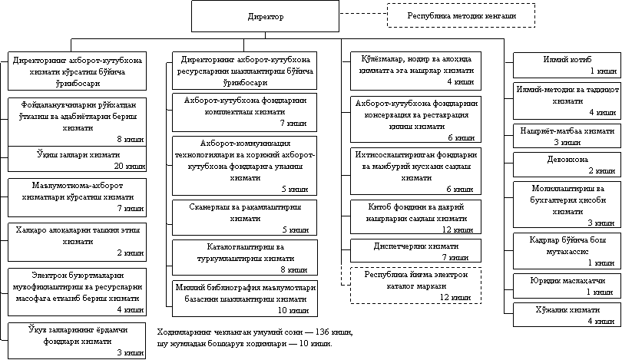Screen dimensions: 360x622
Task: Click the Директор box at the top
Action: [x=265, y=16]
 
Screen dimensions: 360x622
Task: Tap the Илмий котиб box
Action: [x=567, y=63]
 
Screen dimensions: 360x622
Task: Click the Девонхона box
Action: [x=567, y=163]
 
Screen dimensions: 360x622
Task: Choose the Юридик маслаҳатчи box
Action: [x=567, y=286]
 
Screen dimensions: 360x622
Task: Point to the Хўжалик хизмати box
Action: [x=567, y=315]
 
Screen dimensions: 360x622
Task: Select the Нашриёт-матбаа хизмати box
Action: [x=567, y=135]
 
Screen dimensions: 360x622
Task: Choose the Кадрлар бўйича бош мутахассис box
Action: [x=567, y=249]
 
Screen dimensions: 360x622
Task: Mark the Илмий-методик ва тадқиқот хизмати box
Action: [x=567, y=100]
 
